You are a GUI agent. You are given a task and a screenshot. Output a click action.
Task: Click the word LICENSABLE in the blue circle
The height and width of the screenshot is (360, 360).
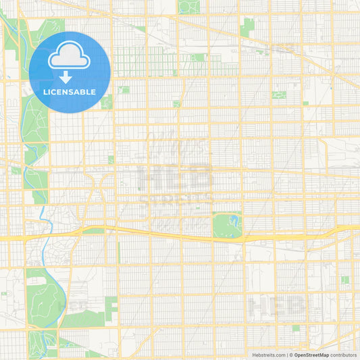click(x=70, y=92)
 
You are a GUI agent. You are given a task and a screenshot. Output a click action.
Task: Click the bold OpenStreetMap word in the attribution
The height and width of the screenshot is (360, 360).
click(x=311, y=355)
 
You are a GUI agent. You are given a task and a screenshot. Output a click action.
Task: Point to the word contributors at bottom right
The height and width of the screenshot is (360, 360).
click(x=344, y=355)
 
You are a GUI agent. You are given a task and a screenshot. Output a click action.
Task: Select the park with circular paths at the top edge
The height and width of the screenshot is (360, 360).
click(x=188, y=7)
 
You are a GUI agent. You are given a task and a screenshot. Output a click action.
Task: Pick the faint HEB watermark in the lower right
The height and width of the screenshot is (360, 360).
click(x=277, y=307)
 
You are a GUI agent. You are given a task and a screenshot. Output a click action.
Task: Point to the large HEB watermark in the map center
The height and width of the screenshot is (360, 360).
click(x=176, y=179)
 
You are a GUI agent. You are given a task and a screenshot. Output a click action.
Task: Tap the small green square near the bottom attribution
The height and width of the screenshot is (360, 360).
click(x=296, y=328)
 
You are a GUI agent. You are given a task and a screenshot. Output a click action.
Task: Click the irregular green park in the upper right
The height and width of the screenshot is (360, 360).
click(x=247, y=27)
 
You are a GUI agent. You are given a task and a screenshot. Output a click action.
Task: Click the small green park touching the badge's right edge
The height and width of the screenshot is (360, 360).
click(x=107, y=101)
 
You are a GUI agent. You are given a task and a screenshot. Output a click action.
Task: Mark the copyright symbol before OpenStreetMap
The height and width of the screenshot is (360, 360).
click(x=290, y=355)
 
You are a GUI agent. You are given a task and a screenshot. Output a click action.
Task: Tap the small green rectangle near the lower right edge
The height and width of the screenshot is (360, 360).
click(x=344, y=280)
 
